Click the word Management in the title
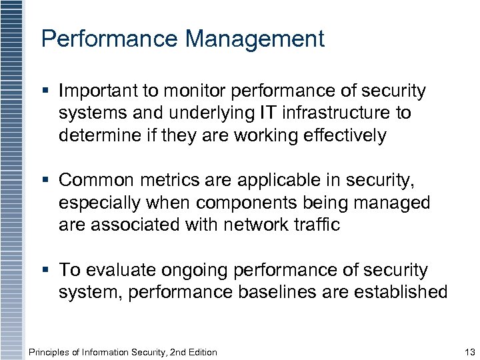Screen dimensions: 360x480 [x=255, y=39]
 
